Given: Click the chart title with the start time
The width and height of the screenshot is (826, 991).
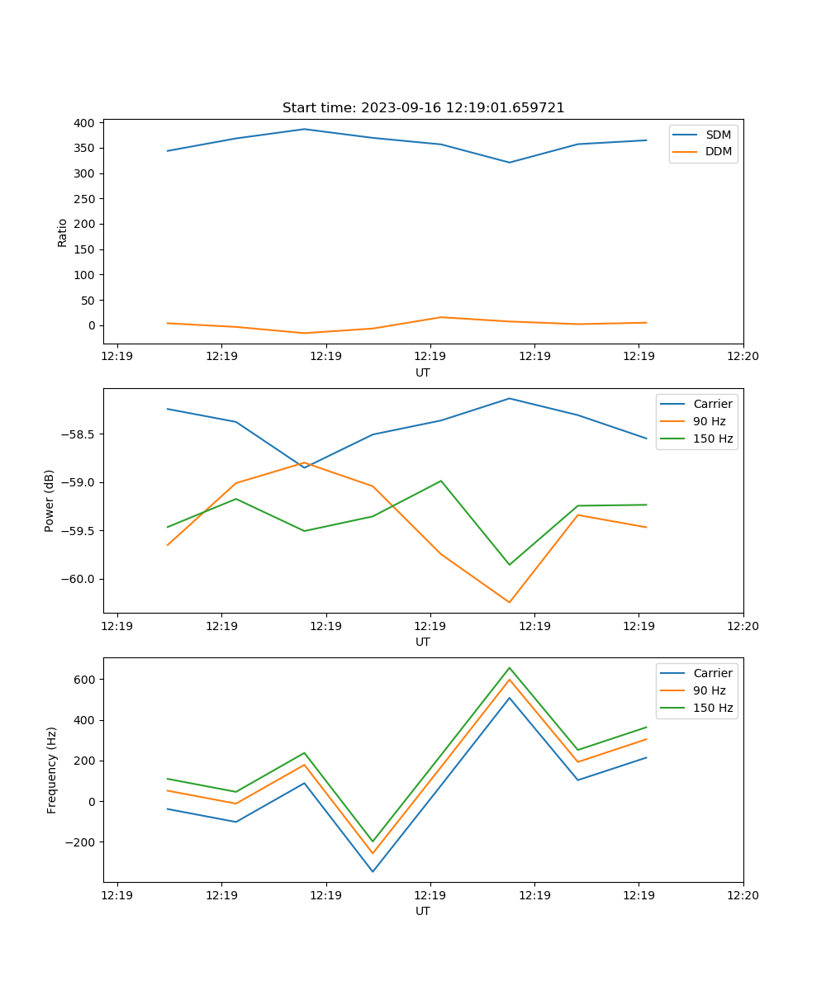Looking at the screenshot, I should (x=423, y=108).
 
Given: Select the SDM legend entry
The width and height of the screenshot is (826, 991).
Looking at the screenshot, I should (x=718, y=135).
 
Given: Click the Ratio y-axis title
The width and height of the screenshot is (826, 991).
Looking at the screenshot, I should (x=63, y=232).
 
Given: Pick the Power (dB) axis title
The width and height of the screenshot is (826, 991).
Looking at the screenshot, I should (x=50, y=500).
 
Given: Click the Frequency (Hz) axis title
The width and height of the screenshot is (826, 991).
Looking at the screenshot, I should (x=52, y=770).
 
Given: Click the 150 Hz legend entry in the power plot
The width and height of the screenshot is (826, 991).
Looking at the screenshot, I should (x=713, y=439).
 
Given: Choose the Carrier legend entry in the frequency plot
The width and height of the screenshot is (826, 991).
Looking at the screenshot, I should (x=712, y=673).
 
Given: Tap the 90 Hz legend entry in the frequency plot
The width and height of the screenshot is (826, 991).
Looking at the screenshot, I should (x=710, y=690).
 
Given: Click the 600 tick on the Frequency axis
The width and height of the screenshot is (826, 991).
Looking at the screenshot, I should (x=86, y=680).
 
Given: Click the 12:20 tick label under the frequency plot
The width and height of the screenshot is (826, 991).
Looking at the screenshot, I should (x=743, y=894).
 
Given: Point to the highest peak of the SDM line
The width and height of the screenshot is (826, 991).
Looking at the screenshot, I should (x=304, y=129).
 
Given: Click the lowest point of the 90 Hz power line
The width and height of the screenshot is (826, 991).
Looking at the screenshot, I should (x=509, y=602).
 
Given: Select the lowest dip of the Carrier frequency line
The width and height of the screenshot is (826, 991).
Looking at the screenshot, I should (x=373, y=871).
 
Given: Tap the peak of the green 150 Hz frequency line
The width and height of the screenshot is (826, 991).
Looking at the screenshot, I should (x=509, y=667).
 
